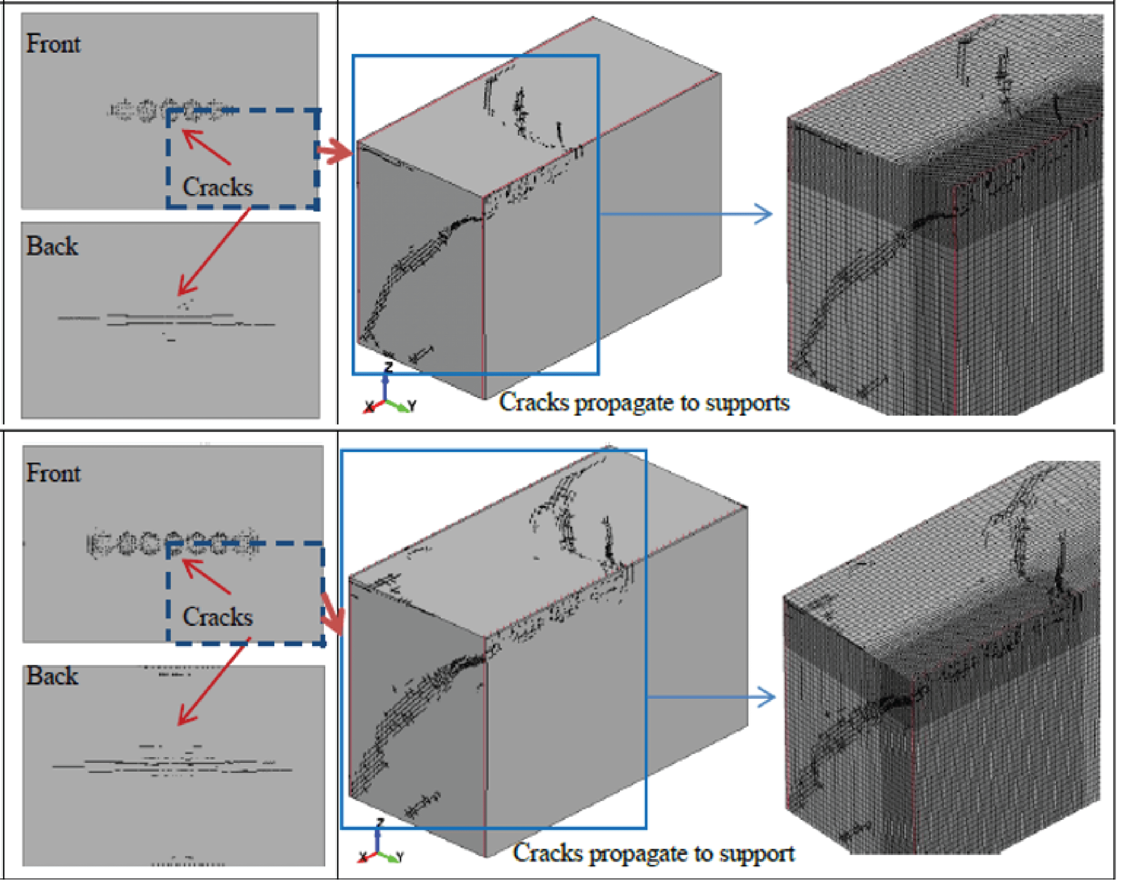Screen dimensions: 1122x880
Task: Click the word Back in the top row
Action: (x=53, y=246)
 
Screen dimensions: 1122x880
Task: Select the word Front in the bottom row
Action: (x=53, y=473)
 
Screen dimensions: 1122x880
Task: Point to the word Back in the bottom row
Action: (x=53, y=676)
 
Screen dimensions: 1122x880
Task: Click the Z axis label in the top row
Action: (x=388, y=366)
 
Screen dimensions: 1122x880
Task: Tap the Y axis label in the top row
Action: (x=412, y=406)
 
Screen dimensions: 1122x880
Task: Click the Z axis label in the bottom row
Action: (x=380, y=821)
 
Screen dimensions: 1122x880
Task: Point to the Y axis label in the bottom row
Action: (x=400, y=856)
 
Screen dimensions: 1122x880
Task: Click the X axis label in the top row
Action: (x=369, y=407)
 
